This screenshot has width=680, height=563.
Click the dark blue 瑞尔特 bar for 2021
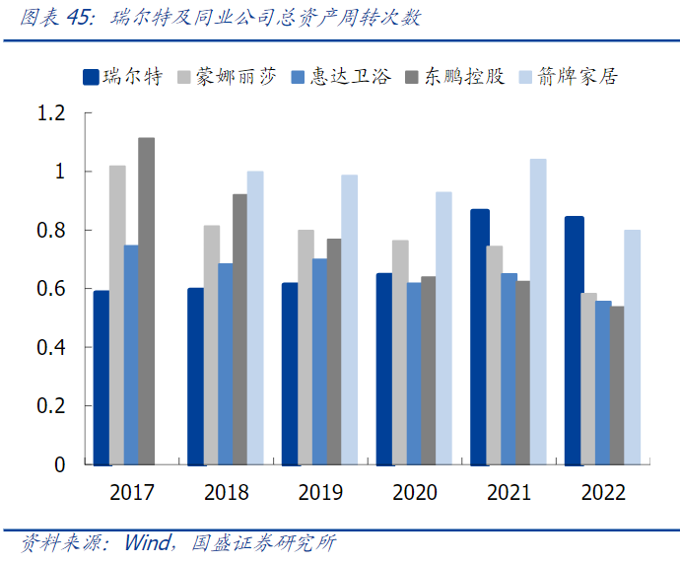coord(479,336)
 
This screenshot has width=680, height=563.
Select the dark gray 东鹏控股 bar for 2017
coord(146,301)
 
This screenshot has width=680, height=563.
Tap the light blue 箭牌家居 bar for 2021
coord(537,312)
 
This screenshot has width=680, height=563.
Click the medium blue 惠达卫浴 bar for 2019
coord(319,361)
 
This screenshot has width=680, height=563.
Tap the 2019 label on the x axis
coord(319,492)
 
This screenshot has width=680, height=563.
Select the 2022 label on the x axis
coord(603,492)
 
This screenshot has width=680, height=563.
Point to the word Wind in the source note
coord(146,543)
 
